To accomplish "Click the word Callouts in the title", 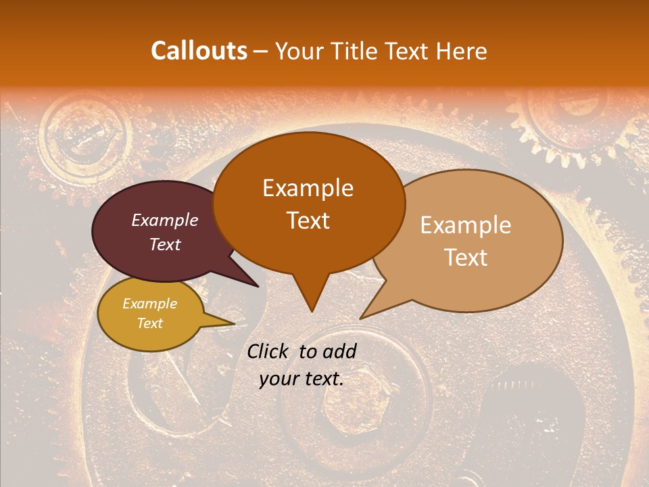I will (x=199, y=51).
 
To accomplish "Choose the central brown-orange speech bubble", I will (x=308, y=203).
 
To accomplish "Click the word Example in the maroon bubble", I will (x=165, y=220).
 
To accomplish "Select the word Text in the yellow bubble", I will (x=150, y=323).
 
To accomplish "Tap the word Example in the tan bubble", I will (x=466, y=225).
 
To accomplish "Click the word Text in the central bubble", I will (x=308, y=220).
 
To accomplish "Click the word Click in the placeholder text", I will (x=269, y=351).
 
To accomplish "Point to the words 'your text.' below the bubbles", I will (x=302, y=379).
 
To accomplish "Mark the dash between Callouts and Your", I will (x=261, y=51).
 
